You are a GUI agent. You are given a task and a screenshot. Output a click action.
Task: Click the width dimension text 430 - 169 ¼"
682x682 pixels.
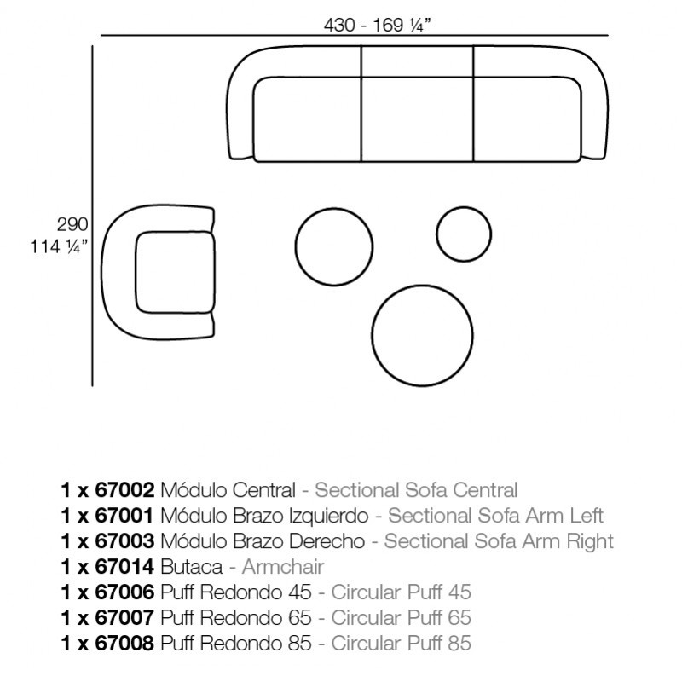[377, 25]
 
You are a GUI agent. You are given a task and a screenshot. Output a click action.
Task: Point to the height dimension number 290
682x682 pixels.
[72, 226]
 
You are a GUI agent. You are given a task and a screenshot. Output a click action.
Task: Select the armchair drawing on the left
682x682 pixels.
[162, 273]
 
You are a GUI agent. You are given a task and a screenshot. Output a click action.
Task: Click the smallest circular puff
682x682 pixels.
[464, 232]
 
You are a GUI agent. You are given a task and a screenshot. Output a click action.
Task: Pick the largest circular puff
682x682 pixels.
[422, 333]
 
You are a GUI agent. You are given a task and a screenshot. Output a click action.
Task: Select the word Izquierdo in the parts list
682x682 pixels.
[330, 516]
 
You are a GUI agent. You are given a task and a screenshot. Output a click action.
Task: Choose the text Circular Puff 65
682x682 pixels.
[401, 618]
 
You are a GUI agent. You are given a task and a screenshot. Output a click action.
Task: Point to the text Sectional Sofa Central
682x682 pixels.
[416, 490]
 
